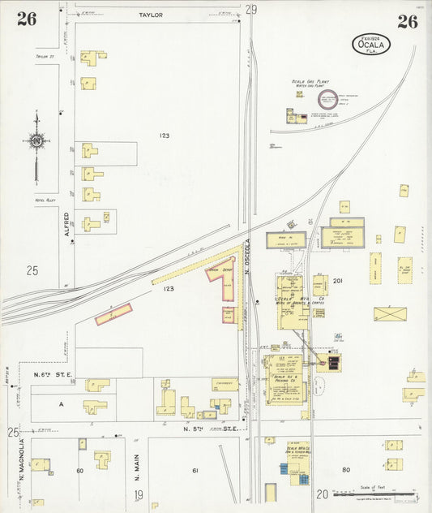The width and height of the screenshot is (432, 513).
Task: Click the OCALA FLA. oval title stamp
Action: click(x=370, y=44)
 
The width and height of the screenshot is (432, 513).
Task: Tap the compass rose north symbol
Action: click(x=36, y=141)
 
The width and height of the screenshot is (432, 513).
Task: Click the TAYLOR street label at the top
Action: click(x=151, y=15)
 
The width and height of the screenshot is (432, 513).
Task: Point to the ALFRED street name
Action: click(x=68, y=219)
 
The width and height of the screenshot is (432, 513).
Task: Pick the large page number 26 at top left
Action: click(x=27, y=20)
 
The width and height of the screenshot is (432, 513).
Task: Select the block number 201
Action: click(x=338, y=281)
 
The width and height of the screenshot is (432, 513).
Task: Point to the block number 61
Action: click(x=195, y=470)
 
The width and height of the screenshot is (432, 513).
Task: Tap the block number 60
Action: click(x=79, y=470)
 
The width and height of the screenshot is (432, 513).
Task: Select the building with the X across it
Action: click(x=390, y=313)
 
